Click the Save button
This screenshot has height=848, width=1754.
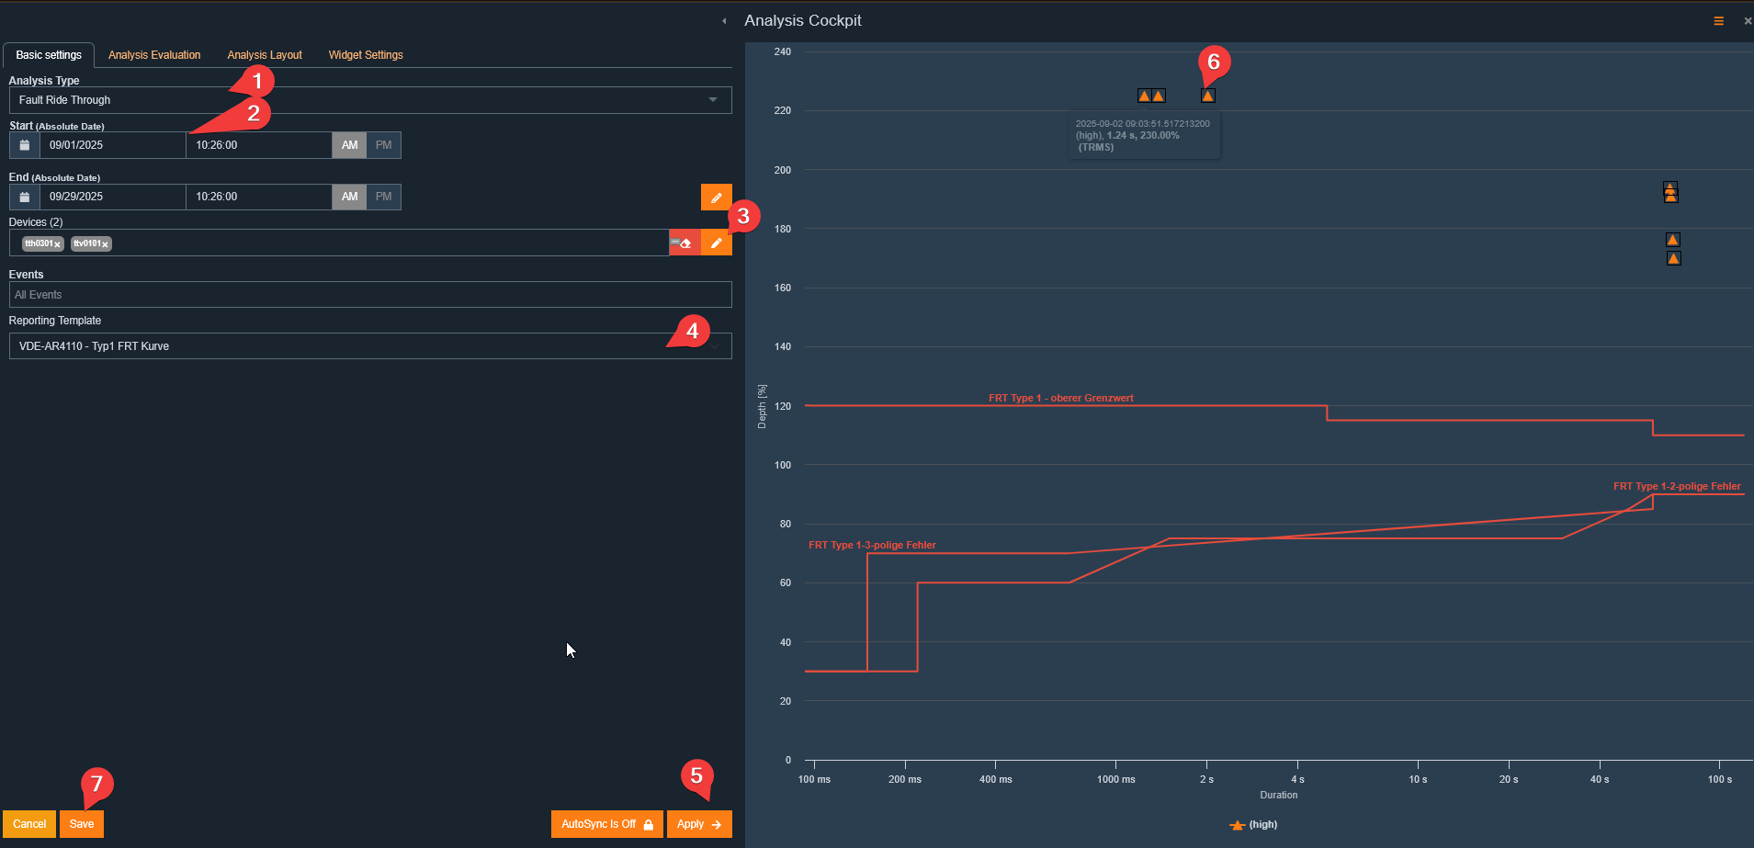tap(82, 824)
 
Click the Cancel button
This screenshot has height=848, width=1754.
tap(29, 824)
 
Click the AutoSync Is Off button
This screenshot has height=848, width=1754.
tap(606, 824)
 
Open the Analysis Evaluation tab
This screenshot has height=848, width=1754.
tap(154, 55)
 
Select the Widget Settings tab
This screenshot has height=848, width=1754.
tap(366, 55)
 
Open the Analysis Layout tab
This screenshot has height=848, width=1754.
tap(265, 55)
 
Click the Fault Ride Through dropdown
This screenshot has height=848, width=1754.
tap(370, 100)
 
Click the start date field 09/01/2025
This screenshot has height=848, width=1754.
tap(112, 145)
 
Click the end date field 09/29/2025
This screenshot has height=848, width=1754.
tap(112, 197)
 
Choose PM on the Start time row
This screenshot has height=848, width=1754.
tap(384, 145)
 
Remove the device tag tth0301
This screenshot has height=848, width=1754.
tap(57, 244)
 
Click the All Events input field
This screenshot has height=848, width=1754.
tap(370, 295)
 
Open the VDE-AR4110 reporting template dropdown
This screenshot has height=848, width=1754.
tap(370, 346)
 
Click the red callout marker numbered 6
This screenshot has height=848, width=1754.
tap(1214, 62)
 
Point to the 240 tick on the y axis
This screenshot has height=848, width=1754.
tap(783, 51)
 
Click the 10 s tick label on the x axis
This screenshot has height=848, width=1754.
tap(1418, 779)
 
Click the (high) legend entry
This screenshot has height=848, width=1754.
tap(1253, 824)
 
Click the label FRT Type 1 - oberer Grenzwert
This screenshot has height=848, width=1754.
tap(1061, 398)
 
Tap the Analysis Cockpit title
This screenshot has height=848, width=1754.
tap(803, 20)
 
